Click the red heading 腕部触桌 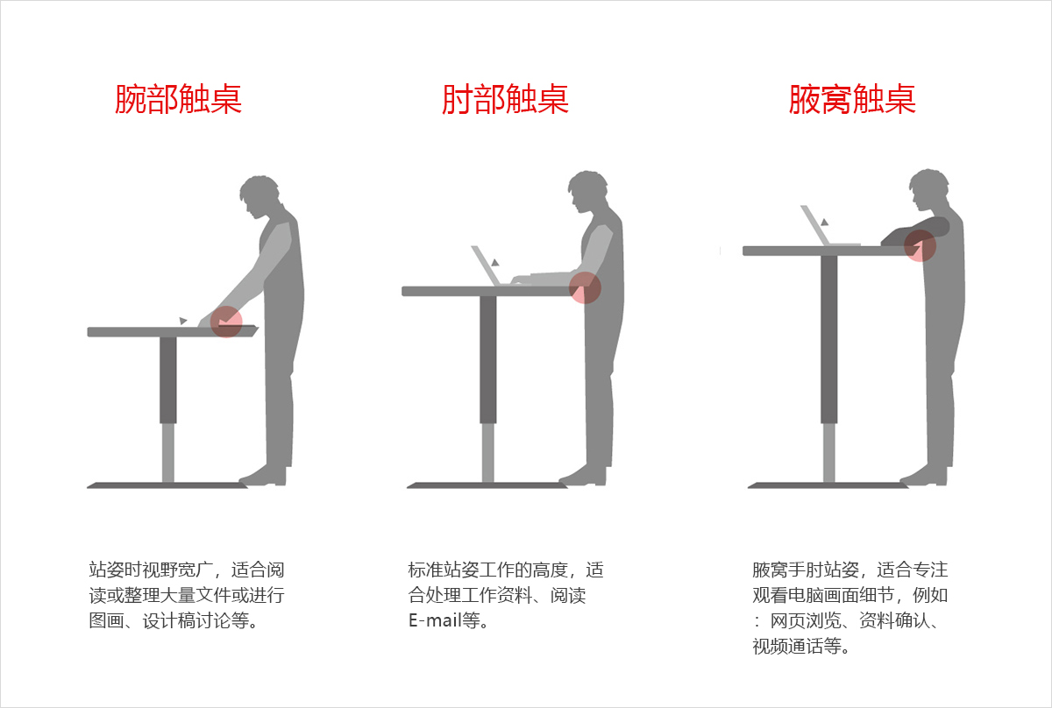178,99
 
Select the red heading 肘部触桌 505,99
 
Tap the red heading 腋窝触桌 852,99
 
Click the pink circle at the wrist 227,322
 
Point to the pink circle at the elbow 585,287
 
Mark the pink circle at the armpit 920,246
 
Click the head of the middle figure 585,192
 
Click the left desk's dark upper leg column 168,379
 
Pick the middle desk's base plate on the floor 487,485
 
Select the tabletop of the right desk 824,251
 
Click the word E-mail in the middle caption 433,621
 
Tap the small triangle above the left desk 182,321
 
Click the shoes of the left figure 264,477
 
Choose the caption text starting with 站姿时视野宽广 187,595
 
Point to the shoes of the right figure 925,477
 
